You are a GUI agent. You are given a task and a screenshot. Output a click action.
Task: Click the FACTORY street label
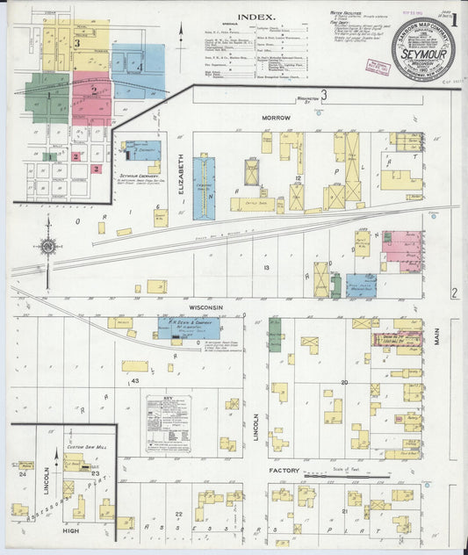(284, 471)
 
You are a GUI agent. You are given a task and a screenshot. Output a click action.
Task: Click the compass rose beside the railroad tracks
(48, 246)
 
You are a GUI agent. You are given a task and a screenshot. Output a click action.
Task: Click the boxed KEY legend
(168, 423)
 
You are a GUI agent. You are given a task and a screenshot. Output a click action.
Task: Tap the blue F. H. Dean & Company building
(177, 328)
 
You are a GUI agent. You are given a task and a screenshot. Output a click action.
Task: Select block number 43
(135, 379)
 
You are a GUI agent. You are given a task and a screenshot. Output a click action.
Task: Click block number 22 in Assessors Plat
(177, 514)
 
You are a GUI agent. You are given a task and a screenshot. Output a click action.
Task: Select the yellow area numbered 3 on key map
(79, 41)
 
